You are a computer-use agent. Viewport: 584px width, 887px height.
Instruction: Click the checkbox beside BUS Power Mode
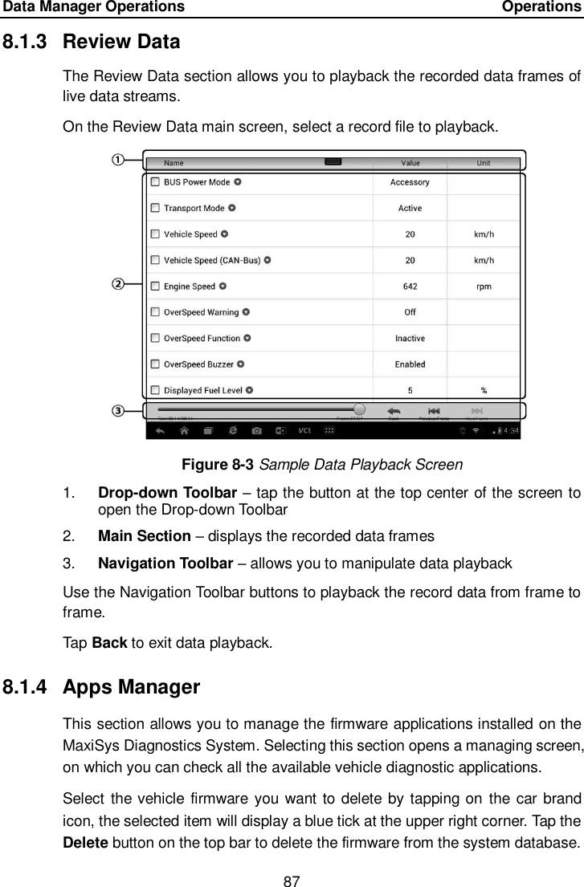click(155, 182)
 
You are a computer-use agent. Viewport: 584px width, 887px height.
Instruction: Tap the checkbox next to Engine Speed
click(155, 287)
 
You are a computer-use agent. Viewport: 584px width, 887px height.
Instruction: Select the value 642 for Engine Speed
click(410, 287)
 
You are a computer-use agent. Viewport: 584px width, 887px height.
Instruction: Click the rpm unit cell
click(484, 287)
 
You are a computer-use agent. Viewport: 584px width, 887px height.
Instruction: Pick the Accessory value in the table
click(410, 182)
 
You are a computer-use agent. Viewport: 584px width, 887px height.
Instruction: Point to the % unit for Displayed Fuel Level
click(484, 391)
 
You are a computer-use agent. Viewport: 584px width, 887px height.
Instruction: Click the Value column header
click(410, 163)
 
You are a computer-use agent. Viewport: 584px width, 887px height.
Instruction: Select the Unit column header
click(484, 163)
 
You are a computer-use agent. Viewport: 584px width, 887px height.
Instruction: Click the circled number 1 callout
click(117, 159)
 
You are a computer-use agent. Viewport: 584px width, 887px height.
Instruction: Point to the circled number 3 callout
click(117, 411)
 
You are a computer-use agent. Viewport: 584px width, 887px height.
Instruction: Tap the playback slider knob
click(359, 409)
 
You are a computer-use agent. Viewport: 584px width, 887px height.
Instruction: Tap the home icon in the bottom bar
click(184, 431)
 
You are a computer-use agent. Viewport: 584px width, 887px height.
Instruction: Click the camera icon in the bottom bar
click(256, 431)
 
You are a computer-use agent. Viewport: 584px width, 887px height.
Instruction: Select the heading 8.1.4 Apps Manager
click(132, 688)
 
